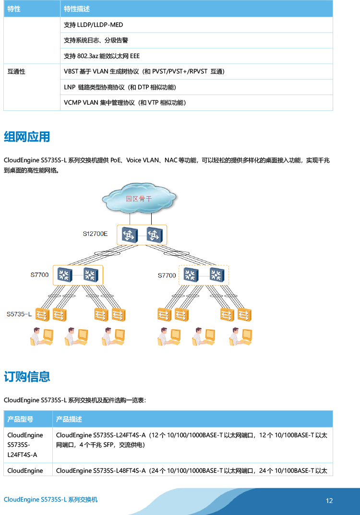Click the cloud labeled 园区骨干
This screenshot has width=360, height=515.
[x=139, y=198]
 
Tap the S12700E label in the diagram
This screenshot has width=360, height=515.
[x=95, y=234]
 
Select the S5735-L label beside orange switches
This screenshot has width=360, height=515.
[x=19, y=314]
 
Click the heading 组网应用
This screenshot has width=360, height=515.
[x=27, y=137]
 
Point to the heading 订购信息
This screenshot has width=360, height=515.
[x=27, y=376]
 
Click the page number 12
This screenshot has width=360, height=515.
[x=329, y=501]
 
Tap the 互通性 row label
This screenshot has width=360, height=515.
[x=16, y=72]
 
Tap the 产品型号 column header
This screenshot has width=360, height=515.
[x=20, y=419]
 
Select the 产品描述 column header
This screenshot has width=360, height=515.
[x=69, y=419]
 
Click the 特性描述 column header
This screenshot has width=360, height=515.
[x=77, y=9]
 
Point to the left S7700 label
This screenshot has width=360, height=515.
[x=39, y=275]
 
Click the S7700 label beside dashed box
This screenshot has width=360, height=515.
[x=167, y=275]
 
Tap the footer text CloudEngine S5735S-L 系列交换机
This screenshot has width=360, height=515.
[x=50, y=500]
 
